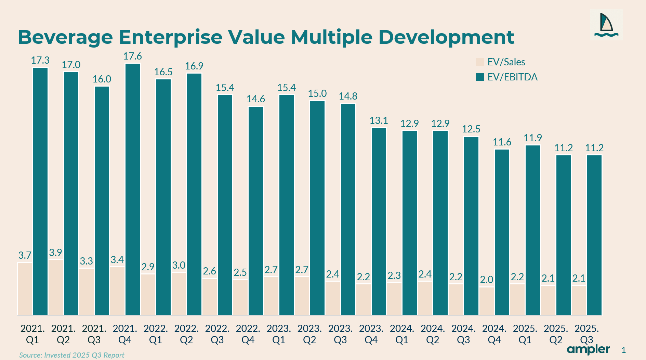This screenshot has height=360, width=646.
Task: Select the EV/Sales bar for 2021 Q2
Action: pos(56,287)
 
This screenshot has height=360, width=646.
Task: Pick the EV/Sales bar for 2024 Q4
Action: pos(487,301)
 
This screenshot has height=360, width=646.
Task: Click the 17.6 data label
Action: pos(133,56)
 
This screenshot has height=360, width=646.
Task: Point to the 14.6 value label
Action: pos(256,99)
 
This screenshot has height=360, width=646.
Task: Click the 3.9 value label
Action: pos(55,253)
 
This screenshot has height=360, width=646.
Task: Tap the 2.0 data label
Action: pos(486,280)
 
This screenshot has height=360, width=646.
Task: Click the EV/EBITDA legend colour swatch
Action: pos(480,77)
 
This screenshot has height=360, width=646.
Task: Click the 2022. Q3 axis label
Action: pos(217,334)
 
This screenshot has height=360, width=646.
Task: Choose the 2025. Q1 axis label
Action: pos(525,334)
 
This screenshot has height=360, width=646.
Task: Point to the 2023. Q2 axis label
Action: pos(309,334)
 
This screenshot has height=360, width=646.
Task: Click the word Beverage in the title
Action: pos(65,37)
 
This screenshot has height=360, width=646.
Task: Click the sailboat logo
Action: pos(606,25)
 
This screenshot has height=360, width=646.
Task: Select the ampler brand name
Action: pos(588,349)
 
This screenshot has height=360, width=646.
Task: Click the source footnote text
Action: pos(71,355)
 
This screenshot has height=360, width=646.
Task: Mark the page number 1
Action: pos(624,350)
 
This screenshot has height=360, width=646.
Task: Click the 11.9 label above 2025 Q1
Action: pos(533,138)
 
